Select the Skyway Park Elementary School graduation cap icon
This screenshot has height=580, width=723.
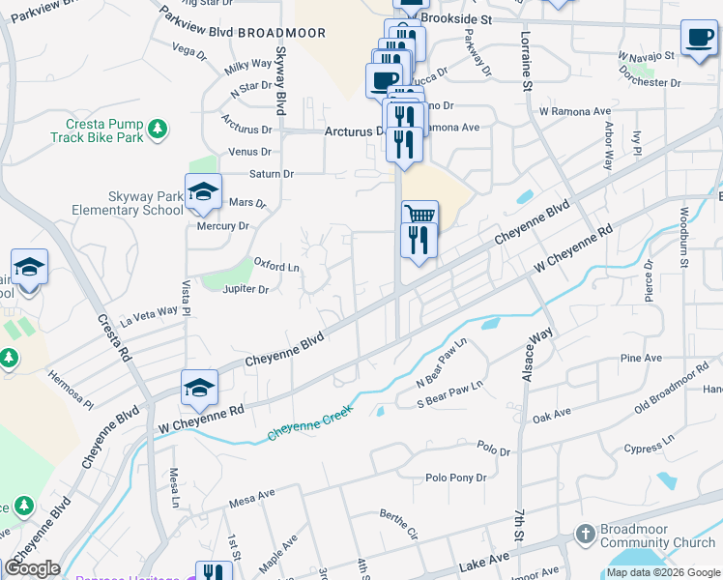(x=204, y=191)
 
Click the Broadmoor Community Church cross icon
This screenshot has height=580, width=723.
(x=585, y=534)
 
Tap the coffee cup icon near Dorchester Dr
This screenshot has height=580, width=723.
(x=698, y=37)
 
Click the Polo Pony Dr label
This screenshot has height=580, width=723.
(x=456, y=478)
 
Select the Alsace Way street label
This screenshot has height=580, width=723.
(x=537, y=354)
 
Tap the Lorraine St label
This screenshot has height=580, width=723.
(x=528, y=67)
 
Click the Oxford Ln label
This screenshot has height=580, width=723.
(x=276, y=263)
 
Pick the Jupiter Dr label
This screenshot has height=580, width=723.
(x=246, y=289)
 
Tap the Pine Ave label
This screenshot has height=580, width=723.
(x=642, y=358)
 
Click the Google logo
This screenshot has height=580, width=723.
(x=32, y=568)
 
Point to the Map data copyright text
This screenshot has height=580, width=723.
(x=663, y=573)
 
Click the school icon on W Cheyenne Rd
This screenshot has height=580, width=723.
(x=200, y=389)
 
